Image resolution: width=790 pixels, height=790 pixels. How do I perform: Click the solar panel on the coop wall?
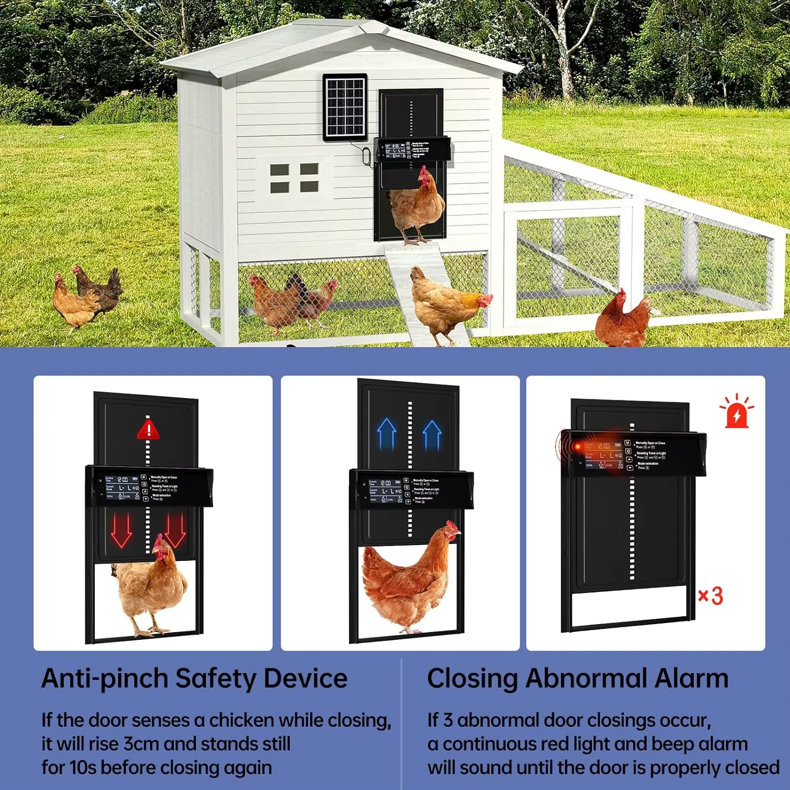[345, 107]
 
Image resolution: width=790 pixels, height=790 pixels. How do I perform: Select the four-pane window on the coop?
[294, 177]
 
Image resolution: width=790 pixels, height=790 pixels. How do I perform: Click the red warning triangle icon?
[149, 429]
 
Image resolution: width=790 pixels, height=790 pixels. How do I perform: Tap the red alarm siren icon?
[737, 411]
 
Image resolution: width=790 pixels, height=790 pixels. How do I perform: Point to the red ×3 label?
[710, 596]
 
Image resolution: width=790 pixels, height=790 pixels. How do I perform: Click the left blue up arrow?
[387, 433]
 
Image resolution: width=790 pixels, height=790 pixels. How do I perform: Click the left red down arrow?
[121, 529]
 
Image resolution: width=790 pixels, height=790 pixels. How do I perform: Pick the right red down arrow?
[175, 529]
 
